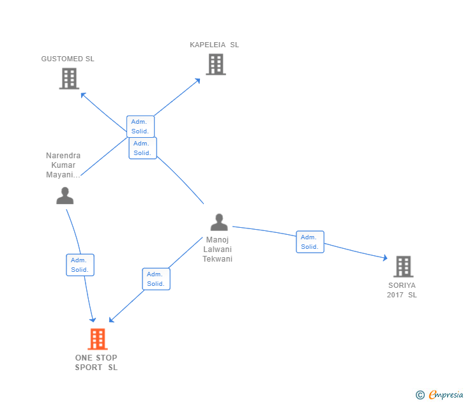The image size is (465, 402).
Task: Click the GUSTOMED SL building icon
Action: click(x=69, y=78)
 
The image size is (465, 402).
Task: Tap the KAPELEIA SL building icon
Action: click(x=216, y=64)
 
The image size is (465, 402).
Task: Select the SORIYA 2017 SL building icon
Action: click(x=402, y=267)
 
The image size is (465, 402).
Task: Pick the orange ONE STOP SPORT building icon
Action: click(x=97, y=339)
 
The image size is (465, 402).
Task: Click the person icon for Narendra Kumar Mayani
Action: click(x=65, y=195)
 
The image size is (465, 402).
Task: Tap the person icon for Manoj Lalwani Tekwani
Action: click(x=219, y=222)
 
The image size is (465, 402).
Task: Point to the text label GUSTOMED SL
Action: click(x=68, y=59)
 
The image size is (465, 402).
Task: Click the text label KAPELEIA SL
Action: click(x=215, y=45)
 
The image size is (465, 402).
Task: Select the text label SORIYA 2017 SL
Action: click(x=402, y=290)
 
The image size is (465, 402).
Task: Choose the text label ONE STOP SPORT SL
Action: click(x=96, y=362)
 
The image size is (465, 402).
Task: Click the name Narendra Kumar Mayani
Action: click(x=63, y=165)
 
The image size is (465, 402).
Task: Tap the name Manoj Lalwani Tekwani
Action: click(x=218, y=249)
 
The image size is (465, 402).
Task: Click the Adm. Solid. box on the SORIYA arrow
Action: click(x=310, y=242)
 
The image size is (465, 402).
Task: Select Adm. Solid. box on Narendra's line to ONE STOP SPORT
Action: click(x=80, y=265)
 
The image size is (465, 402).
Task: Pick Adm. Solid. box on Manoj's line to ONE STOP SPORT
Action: click(x=156, y=279)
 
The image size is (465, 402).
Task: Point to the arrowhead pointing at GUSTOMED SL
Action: click(x=83, y=95)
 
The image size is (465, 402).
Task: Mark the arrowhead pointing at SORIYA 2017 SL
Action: click(x=385, y=258)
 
